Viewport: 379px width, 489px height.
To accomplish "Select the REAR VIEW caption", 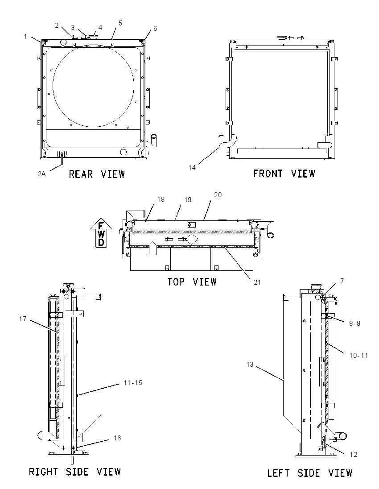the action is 97,174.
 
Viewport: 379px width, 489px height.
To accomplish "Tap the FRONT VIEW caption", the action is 284,174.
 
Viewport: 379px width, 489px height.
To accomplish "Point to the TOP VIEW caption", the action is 192,282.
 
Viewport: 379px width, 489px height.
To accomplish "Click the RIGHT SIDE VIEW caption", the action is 75,472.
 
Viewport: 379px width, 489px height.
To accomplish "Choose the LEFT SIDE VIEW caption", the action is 310,473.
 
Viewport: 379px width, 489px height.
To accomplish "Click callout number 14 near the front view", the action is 192,167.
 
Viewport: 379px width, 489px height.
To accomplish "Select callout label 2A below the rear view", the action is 42,174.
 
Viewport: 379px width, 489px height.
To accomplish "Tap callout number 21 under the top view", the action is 257,282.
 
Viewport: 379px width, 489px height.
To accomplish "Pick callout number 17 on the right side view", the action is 23,319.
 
